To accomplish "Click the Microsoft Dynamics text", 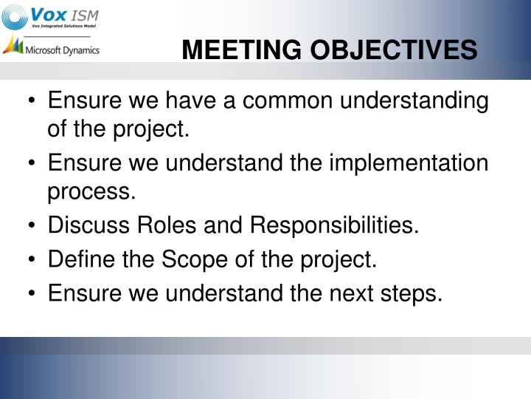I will [x=63, y=50].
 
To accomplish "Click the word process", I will [x=91, y=193].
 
